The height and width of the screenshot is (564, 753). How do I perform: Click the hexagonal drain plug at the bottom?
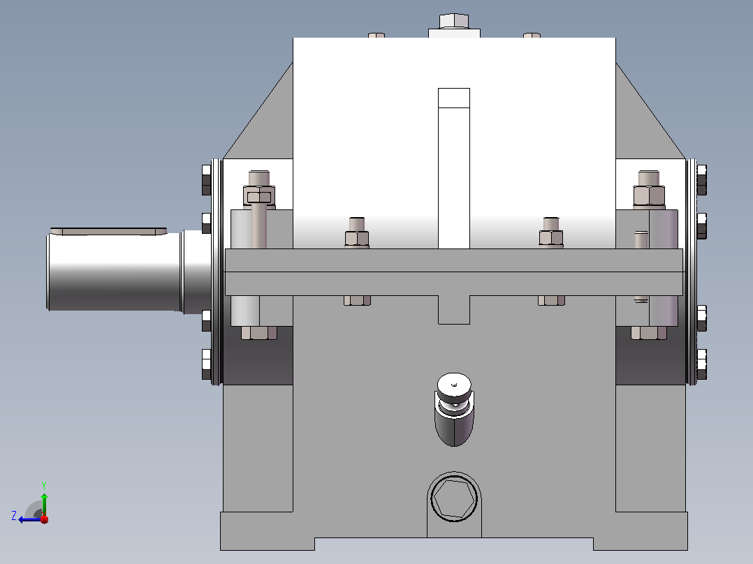pos(454,498)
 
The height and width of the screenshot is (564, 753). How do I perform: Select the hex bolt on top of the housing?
pos(454,21)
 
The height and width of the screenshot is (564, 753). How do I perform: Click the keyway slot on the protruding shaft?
pos(108,231)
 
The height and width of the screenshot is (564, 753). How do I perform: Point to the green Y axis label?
pos(44,485)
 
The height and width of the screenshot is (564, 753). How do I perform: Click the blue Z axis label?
pos(14,516)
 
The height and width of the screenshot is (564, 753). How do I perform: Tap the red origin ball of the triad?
pos(44,519)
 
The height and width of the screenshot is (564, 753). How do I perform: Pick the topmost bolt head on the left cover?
pos(207,180)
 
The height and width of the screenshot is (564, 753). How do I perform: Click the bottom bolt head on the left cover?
pos(207,364)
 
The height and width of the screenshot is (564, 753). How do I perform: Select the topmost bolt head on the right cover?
pos(701,180)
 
